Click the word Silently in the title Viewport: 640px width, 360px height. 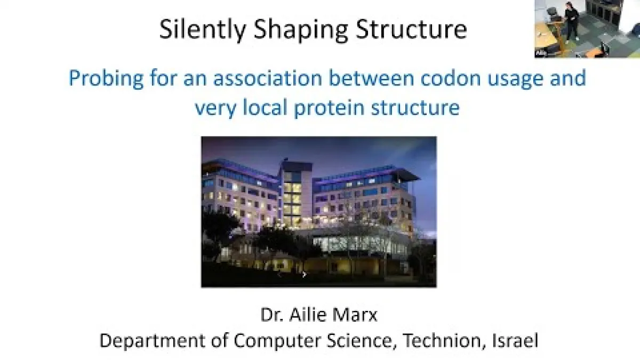pos(203,30)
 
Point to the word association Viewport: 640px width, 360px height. pos(268,78)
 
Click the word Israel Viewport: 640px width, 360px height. pos(515,340)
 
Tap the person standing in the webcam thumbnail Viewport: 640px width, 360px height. pos(571,21)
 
